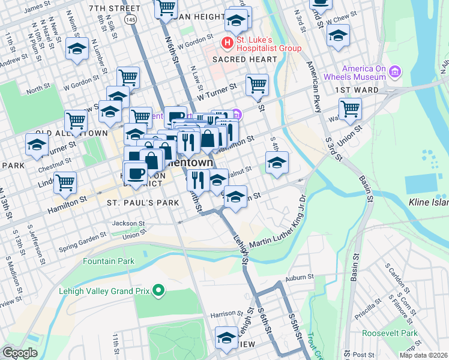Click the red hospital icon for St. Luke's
228,43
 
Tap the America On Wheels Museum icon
395,73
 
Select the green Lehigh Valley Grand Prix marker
158,291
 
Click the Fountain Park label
109,261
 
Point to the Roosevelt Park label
393,333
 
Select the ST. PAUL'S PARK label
143,203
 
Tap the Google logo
19,353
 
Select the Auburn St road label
300,278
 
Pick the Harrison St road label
225,314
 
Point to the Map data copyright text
423,355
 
